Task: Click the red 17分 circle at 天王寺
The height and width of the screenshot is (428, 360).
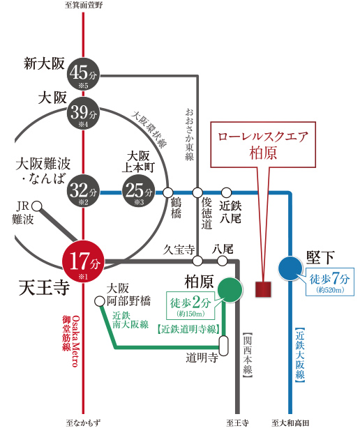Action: (x=84, y=261)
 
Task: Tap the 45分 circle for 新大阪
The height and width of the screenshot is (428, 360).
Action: (x=83, y=74)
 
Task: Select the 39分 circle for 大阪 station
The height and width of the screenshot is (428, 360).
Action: (x=83, y=113)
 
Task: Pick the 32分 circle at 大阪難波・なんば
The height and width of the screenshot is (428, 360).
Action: (x=83, y=191)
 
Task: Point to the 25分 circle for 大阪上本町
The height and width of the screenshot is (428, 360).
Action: (x=139, y=191)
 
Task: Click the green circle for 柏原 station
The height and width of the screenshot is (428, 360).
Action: (x=230, y=290)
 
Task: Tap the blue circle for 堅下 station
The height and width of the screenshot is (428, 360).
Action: (x=290, y=268)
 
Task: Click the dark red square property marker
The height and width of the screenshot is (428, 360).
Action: (x=263, y=289)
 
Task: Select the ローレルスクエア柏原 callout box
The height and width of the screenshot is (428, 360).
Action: (x=263, y=145)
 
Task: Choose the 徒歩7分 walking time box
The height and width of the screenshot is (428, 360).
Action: (x=330, y=282)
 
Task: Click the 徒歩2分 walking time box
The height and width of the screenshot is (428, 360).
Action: (x=190, y=305)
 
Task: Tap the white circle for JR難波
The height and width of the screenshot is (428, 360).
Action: (x=37, y=206)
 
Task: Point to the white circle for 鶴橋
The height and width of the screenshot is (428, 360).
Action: (x=168, y=192)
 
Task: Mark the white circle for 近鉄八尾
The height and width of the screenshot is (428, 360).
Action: (x=226, y=192)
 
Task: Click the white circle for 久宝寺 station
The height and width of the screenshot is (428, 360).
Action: (x=197, y=261)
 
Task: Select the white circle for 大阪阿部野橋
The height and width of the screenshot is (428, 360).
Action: (x=100, y=301)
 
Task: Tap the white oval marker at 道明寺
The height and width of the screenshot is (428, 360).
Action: (x=224, y=346)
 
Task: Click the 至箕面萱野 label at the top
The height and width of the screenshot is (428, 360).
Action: (x=84, y=5)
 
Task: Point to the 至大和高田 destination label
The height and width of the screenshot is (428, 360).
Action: (x=290, y=423)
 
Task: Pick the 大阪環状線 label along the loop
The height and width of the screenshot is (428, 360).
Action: (x=149, y=130)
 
